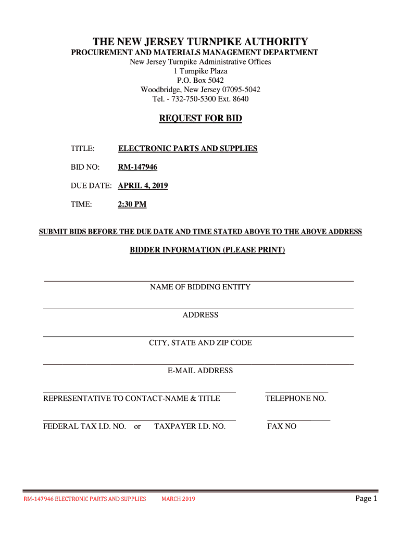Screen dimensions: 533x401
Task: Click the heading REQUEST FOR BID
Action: click(200, 119)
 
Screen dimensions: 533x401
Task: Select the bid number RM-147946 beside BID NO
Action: click(137, 167)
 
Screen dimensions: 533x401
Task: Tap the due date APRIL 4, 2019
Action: click(143, 186)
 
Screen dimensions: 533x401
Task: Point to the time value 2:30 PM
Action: click(132, 205)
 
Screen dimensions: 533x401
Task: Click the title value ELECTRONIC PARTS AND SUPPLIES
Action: click(187, 149)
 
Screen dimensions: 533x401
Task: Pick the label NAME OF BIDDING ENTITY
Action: click(200, 287)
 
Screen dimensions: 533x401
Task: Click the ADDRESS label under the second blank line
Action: click(200, 315)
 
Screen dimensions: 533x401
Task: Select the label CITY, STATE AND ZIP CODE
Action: click(200, 343)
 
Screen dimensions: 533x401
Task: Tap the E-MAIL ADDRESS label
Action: click(200, 371)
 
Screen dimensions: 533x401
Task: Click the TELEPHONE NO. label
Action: click(295, 399)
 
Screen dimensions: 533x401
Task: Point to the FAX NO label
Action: click(281, 426)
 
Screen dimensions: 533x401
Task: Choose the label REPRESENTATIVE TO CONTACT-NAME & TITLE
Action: click(131, 399)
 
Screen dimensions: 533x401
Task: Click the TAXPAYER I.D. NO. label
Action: click(190, 426)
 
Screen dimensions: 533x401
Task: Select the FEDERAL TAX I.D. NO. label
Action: click(84, 426)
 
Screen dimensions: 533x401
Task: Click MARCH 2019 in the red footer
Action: click(178, 499)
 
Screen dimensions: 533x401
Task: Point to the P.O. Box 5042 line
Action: click(200, 80)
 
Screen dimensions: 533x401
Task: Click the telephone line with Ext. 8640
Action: click(200, 98)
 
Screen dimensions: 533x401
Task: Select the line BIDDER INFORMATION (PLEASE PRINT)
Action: click(207, 250)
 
